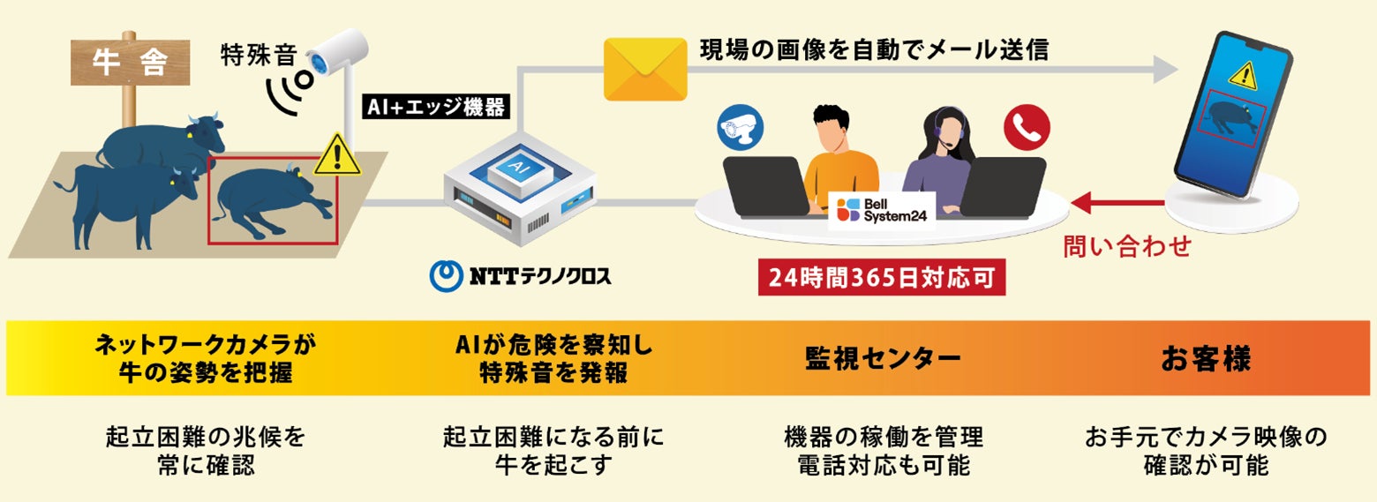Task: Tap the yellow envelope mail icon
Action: (645, 69)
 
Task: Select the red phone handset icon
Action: (1027, 127)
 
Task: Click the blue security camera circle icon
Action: (741, 127)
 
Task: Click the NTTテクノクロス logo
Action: (520, 275)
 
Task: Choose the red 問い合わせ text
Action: (1126, 246)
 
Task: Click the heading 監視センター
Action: (883, 359)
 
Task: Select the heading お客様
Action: (1206, 359)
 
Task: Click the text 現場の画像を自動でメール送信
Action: (874, 49)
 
